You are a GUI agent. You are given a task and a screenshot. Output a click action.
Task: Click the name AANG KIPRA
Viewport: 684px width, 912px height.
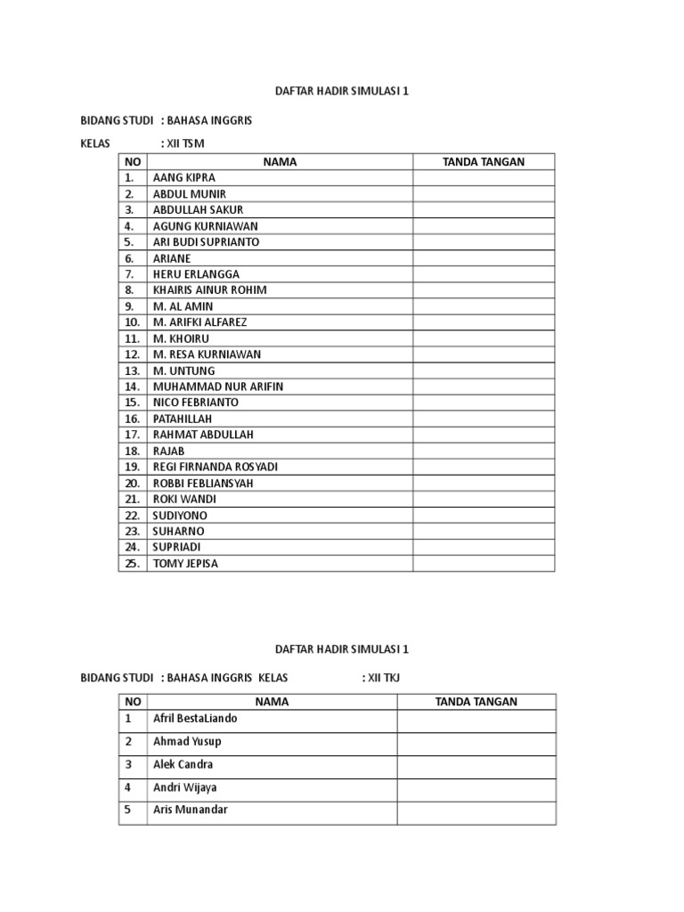coord(184,177)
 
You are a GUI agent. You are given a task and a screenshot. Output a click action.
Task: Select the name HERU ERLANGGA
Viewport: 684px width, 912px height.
coord(196,273)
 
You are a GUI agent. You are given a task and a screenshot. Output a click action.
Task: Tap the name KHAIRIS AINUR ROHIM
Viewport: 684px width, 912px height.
coord(209,289)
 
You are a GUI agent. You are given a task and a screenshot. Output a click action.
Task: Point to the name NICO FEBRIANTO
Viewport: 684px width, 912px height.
coord(195,402)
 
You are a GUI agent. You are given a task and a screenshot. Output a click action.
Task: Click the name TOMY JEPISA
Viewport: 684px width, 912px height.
coord(185,563)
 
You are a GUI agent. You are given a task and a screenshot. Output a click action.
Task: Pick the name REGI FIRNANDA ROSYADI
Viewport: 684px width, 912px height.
coord(216,466)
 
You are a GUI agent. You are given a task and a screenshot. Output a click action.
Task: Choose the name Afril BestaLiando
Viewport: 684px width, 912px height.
coord(194,718)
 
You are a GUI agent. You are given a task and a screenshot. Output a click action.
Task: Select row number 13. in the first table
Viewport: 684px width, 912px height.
coord(133,370)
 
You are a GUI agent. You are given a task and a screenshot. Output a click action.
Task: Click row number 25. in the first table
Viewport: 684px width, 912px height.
coord(133,563)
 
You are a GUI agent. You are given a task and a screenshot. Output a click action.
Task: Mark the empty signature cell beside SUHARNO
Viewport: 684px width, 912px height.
coord(484,531)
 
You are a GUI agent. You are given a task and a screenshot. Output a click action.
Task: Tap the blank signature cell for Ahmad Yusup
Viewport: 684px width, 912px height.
coord(476,741)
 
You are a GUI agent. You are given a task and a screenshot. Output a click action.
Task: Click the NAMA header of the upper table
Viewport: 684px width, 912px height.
coord(280,161)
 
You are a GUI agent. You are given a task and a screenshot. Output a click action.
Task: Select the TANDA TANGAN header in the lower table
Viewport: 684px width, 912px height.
coord(476,702)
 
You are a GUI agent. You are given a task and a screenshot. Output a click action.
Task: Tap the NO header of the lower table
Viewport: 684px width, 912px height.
coord(133,702)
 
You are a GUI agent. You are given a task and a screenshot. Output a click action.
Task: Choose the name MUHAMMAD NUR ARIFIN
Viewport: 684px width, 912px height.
coord(218,386)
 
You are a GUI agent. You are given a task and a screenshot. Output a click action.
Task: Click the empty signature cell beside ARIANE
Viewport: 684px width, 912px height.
coord(484,257)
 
